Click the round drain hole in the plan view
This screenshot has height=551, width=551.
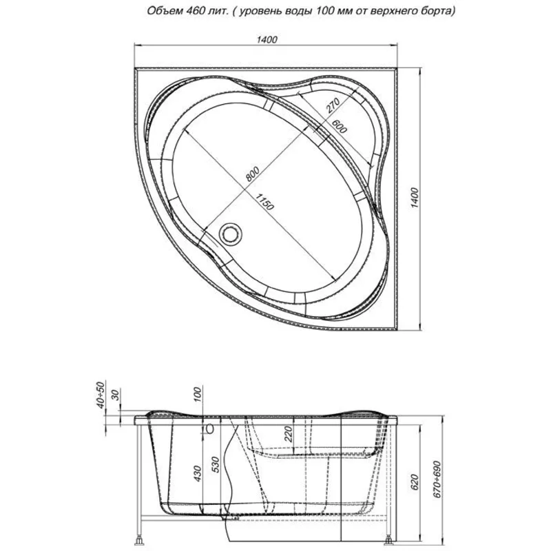[229, 234]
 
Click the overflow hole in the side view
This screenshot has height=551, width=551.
[208, 428]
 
